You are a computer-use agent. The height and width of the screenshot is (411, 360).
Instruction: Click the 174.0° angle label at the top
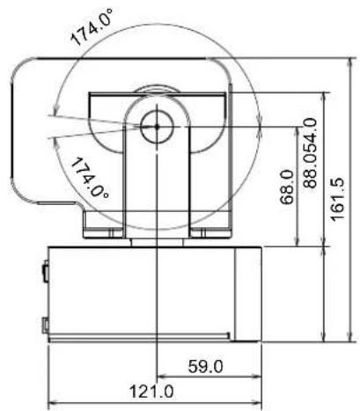point(94,29)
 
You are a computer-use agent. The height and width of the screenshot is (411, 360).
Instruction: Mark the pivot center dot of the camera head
point(156,125)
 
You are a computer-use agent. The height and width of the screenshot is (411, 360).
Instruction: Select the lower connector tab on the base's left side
point(44,324)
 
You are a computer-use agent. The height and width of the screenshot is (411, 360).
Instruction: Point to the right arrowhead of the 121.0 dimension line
point(259,400)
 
